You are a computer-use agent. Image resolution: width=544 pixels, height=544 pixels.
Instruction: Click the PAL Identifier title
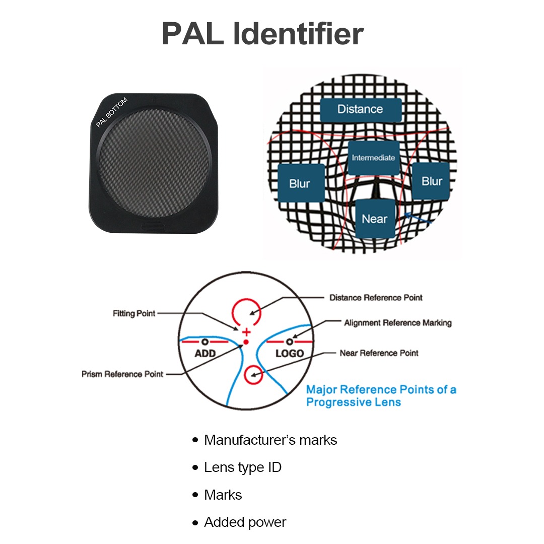pyautogui.click(x=262, y=34)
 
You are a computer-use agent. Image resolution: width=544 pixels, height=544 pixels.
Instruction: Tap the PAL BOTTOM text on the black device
pyautogui.click(x=112, y=112)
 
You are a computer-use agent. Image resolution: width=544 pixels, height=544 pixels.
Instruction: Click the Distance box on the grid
pyautogui.click(x=360, y=109)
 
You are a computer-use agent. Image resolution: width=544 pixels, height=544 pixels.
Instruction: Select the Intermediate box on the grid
pyautogui.click(x=373, y=158)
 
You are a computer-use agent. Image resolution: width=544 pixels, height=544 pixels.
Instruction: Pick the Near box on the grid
pyautogui.click(x=374, y=219)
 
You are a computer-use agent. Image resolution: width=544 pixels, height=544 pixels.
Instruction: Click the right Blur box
pyautogui.click(x=432, y=181)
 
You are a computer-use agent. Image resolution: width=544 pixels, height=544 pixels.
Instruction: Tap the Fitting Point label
pyautogui.click(x=134, y=313)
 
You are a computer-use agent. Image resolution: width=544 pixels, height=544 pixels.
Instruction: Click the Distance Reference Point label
pyautogui.click(x=376, y=298)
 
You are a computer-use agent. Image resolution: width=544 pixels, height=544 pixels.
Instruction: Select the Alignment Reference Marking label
pyautogui.click(x=398, y=322)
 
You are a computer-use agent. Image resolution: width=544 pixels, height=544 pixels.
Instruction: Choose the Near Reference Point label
pyautogui.click(x=379, y=353)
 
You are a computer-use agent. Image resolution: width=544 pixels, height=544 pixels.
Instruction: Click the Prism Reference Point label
pyautogui.click(x=122, y=374)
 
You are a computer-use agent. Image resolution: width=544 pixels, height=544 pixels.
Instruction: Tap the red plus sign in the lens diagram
pyautogui.click(x=246, y=332)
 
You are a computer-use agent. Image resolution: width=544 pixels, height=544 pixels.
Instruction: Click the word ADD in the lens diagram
pyautogui.click(x=205, y=353)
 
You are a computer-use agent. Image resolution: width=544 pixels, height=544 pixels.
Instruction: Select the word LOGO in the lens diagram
pyautogui.click(x=290, y=353)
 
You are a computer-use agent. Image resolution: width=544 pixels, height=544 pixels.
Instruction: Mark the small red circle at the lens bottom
pyautogui.click(x=253, y=375)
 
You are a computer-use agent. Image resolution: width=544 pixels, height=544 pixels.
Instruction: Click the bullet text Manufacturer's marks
pyautogui.click(x=270, y=440)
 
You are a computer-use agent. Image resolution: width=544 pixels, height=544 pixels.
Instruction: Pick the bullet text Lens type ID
pyautogui.click(x=242, y=467)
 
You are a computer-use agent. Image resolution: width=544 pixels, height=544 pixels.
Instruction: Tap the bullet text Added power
pyautogui.click(x=245, y=522)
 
